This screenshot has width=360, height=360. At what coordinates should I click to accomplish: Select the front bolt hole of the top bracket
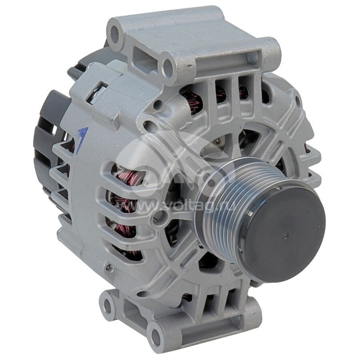click(x=168, y=67)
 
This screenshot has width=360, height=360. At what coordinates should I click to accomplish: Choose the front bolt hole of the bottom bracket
click(x=156, y=334)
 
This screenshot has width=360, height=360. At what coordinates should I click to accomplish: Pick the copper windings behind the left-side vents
click(x=126, y=198)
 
